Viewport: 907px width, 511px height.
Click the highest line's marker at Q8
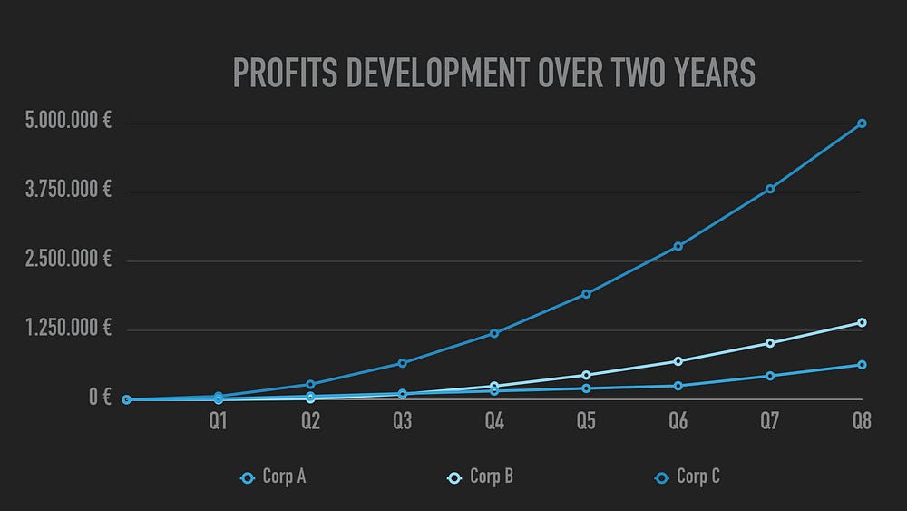click(x=862, y=123)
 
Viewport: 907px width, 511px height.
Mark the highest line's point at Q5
click(x=586, y=294)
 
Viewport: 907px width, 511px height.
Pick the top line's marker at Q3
click(x=402, y=363)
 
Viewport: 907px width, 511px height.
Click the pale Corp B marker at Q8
click(x=862, y=322)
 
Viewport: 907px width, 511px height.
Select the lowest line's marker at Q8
click(x=862, y=365)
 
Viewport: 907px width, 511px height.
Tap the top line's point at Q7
click(x=770, y=189)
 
